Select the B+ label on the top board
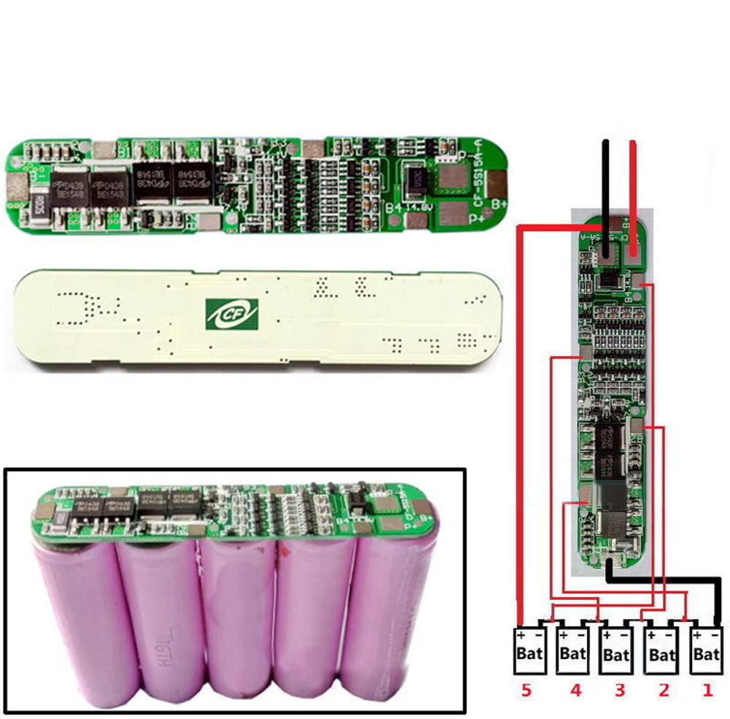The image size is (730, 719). tap(499, 204)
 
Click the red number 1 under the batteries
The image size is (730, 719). tap(707, 690)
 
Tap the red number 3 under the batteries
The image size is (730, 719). tap(619, 690)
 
